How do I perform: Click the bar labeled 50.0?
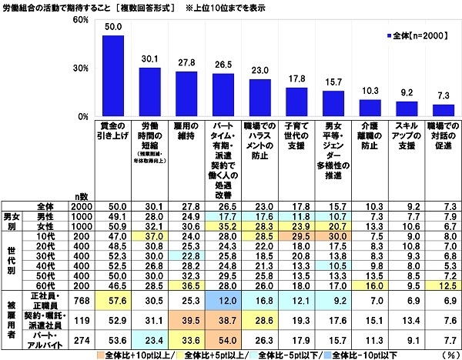113,76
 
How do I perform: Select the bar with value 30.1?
149,92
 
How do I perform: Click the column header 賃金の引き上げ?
113,128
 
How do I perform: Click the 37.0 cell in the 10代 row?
149,238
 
